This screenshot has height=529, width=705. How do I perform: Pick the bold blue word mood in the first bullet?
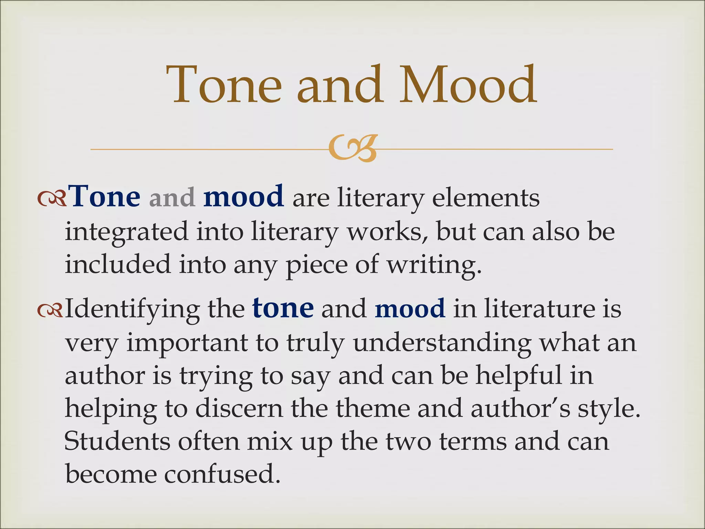coord(244,197)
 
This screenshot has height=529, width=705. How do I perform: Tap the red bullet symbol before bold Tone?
coord(52,199)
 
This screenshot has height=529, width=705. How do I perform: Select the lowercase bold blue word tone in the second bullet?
coord(283,309)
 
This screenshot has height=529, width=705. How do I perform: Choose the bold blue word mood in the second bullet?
coord(410,309)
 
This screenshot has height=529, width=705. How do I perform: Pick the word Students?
coord(117,442)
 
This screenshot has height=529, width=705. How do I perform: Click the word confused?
coord(222,475)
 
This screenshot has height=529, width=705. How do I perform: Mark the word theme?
coord(372,409)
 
